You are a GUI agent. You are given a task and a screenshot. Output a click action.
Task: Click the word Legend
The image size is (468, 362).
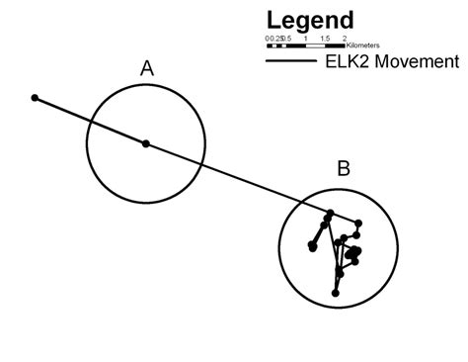tap(309, 21)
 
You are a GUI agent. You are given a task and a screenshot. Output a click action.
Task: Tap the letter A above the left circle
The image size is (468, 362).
tap(146, 68)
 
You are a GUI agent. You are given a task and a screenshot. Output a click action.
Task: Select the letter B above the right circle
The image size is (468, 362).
tap(343, 168)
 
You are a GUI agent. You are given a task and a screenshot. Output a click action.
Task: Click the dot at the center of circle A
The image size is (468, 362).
tap(146, 143)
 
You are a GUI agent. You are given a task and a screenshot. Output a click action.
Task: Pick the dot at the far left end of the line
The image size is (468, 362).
tap(35, 98)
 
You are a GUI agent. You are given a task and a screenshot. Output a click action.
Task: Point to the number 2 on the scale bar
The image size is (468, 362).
tap(344, 39)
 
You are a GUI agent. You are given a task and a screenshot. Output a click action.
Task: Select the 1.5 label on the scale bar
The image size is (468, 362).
tap(325, 39)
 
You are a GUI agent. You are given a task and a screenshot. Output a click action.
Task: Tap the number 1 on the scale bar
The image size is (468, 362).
tap(306, 39)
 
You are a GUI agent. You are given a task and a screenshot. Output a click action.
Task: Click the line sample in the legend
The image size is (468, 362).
tap(291, 61)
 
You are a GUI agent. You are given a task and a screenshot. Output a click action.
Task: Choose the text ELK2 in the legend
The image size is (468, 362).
tap(348, 61)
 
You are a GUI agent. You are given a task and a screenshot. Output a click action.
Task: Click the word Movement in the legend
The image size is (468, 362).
tap(416, 61)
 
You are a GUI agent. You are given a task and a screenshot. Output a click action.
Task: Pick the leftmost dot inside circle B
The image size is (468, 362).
tap(311, 246)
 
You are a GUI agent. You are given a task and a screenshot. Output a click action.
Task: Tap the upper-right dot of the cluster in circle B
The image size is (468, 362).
tap(357, 223)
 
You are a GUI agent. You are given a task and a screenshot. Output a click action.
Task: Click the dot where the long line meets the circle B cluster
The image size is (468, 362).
tap(331, 212)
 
